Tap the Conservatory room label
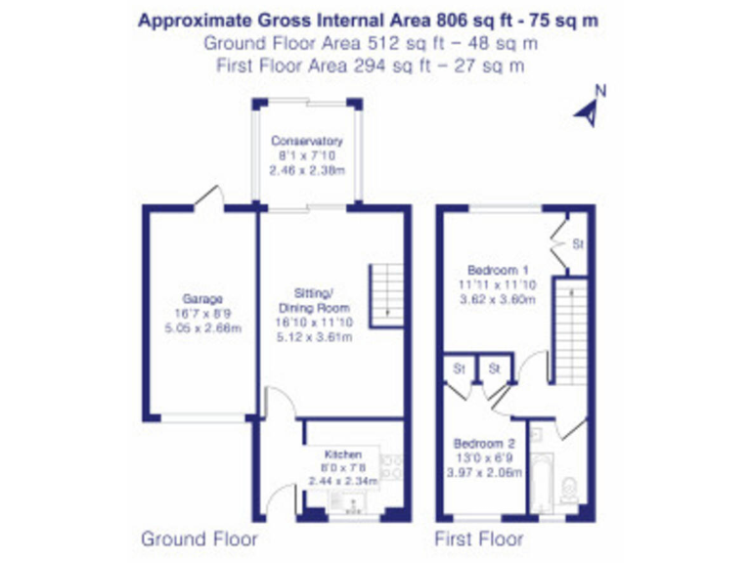pos(307,141)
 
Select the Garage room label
pos(203,299)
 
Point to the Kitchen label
pos(343,455)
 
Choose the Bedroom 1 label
pos(498,271)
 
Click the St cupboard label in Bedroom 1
pos(577,244)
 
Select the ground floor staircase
pos(384,291)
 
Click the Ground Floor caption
pos(199,539)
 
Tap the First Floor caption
pos(478,539)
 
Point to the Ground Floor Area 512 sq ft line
pos(371,43)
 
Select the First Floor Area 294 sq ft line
pos(371,65)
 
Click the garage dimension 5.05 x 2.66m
pos(203,328)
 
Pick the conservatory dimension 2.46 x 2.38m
pos(307,169)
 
